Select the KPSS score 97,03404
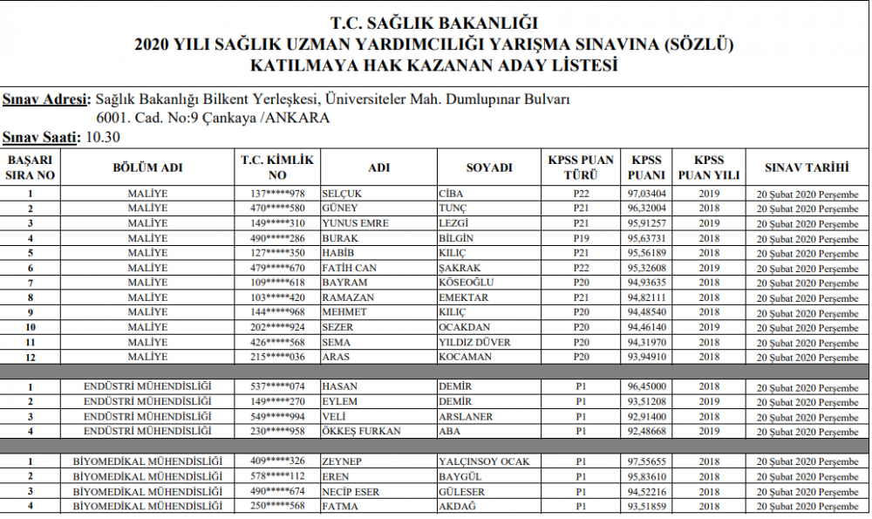pos(647,194)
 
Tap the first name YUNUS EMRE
pos(355,223)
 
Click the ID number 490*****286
pos(277,238)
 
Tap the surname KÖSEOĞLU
pos(467,283)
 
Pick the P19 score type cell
pos(582,238)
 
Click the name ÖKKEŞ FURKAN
pos(361,431)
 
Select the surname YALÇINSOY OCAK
pos(484,461)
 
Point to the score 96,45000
pos(647,386)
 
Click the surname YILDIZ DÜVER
pos(474,342)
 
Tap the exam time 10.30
pos(103,137)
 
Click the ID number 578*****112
pos(277,476)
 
